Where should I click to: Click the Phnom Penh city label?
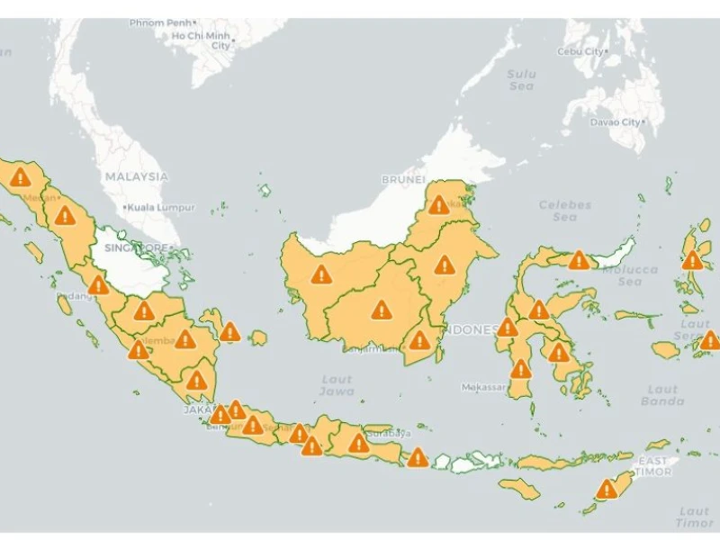[x=160, y=22]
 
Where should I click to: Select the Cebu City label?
[x=580, y=52]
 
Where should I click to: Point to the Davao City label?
[x=616, y=122]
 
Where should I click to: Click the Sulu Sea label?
[x=521, y=79]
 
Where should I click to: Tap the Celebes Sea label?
[x=564, y=211]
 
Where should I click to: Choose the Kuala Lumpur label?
[x=160, y=207]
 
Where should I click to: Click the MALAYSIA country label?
[x=136, y=176]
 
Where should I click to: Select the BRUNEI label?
[x=402, y=180]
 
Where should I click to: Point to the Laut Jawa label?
[x=337, y=385]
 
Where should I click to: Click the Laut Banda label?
[x=662, y=395]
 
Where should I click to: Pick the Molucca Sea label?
[x=630, y=275]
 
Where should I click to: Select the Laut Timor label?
[x=694, y=517]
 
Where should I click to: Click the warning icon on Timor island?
[x=607, y=489]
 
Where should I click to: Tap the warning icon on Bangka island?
[x=230, y=332]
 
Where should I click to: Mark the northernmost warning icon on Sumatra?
[x=19, y=176]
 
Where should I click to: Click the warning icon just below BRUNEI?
[x=438, y=204]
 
